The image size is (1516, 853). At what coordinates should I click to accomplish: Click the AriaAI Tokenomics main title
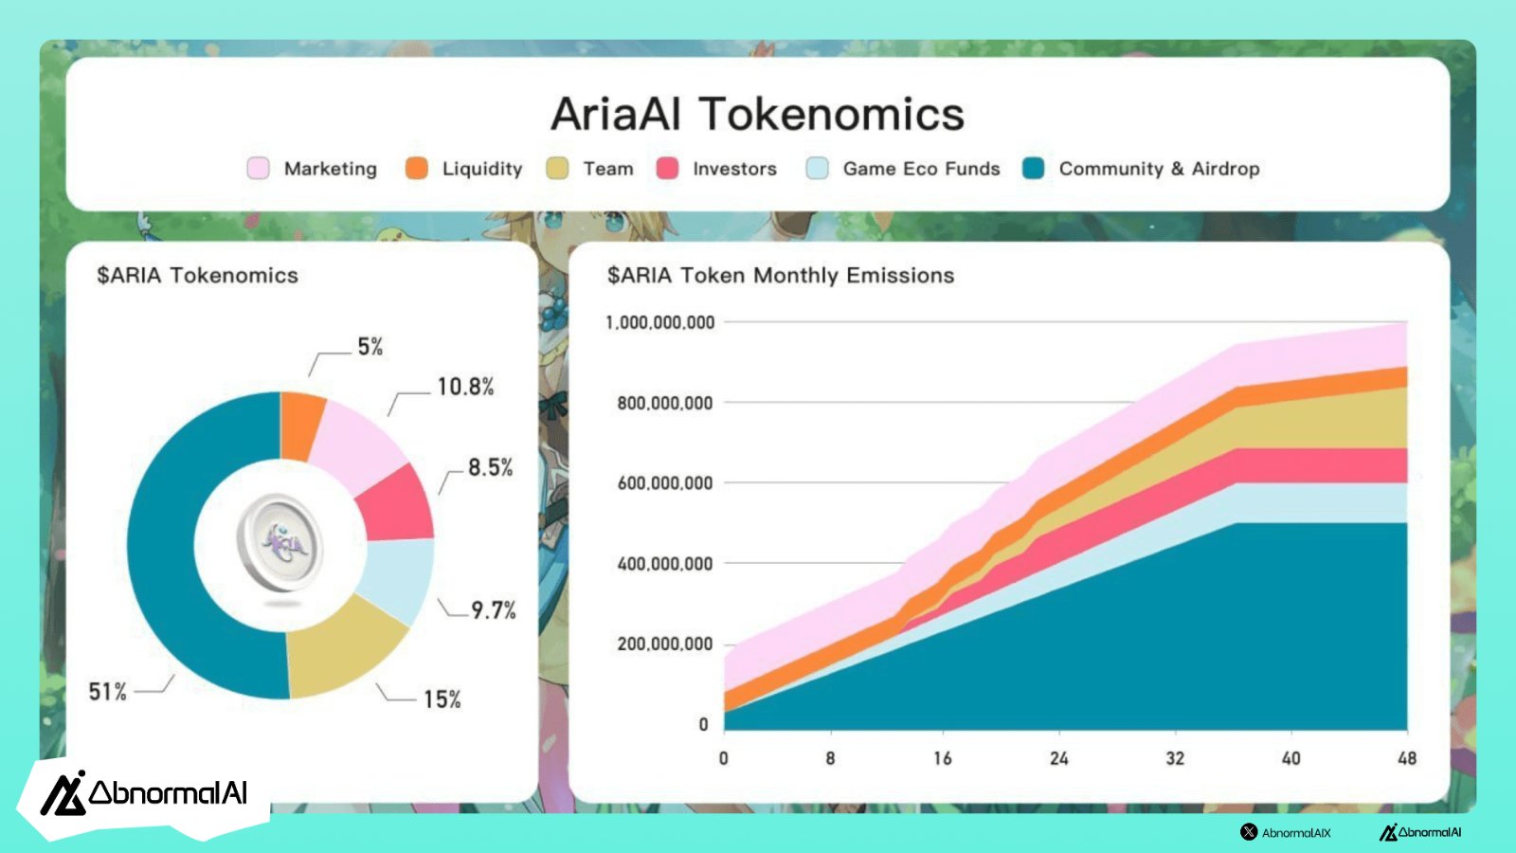pyautogui.click(x=757, y=114)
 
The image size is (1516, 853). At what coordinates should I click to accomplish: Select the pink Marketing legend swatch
pyautogui.click(x=259, y=168)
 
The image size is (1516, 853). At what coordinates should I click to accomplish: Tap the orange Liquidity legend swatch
pyautogui.click(x=417, y=168)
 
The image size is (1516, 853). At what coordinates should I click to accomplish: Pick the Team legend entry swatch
pyautogui.click(x=558, y=168)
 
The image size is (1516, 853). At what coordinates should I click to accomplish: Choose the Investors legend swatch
pyautogui.click(x=667, y=168)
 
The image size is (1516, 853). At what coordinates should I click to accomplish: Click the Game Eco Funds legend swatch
pyautogui.click(x=818, y=168)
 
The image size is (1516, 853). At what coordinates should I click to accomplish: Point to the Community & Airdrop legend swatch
pyautogui.click(x=1034, y=168)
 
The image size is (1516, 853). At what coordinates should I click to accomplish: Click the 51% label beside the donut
pyautogui.click(x=108, y=691)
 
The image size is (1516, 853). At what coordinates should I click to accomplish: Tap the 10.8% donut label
pyautogui.click(x=465, y=387)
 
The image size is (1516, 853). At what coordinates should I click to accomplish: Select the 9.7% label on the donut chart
pyautogui.click(x=494, y=610)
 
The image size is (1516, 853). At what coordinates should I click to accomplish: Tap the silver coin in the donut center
pyautogui.click(x=280, y=544)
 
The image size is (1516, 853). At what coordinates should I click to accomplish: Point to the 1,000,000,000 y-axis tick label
pyautogui.click(x=659, y=322)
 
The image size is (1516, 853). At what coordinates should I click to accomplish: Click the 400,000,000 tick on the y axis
pyautogui.click(x=664, y=563)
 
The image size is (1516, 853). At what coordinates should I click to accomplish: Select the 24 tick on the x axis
pyautogui.click(x=1059, y=758)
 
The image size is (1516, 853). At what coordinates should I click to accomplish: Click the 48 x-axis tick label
pyautogui.click(x=1407, y=758)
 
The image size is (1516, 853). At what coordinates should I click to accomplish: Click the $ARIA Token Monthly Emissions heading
pyautogui.click(x=781, y=276)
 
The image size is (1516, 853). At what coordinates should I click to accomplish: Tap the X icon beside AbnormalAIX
pyautogui.click(x=1249, y=832)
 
